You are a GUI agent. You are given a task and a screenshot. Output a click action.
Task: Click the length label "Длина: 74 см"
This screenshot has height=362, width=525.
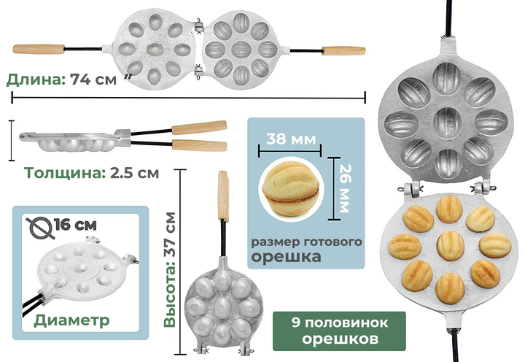click(x=61, y=80)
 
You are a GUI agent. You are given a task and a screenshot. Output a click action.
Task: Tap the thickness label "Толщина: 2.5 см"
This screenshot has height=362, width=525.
click(x=92, y=173)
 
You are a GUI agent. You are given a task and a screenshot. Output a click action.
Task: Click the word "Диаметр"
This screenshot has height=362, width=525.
click(x=61, y=320)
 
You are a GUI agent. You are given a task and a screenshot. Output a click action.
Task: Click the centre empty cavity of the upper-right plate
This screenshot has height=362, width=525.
click(x=447, y=121)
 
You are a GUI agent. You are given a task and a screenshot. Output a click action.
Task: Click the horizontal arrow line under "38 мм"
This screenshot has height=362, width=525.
click(x=290, y=150)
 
